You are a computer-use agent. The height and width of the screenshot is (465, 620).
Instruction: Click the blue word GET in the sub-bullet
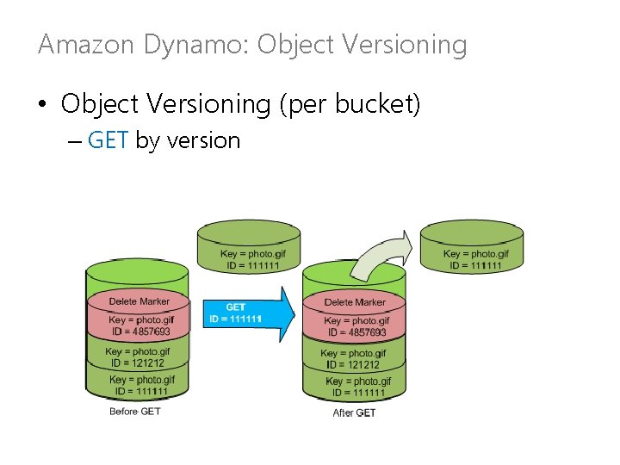click(108, 140)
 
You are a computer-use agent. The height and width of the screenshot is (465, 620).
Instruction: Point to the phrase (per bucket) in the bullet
click(350, 105)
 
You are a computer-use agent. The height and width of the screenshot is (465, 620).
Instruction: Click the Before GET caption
click(135, 412)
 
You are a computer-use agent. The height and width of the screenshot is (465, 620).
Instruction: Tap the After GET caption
click(353, 413)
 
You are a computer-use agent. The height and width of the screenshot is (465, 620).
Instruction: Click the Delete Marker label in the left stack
click(139, 301)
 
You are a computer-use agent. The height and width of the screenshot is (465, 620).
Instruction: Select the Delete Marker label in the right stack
click(355, 302)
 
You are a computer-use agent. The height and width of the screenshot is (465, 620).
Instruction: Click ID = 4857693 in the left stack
click(139, 332)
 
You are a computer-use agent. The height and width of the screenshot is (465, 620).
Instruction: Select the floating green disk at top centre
click(249, 248)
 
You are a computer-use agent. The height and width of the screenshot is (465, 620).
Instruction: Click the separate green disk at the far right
click(471, 248)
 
